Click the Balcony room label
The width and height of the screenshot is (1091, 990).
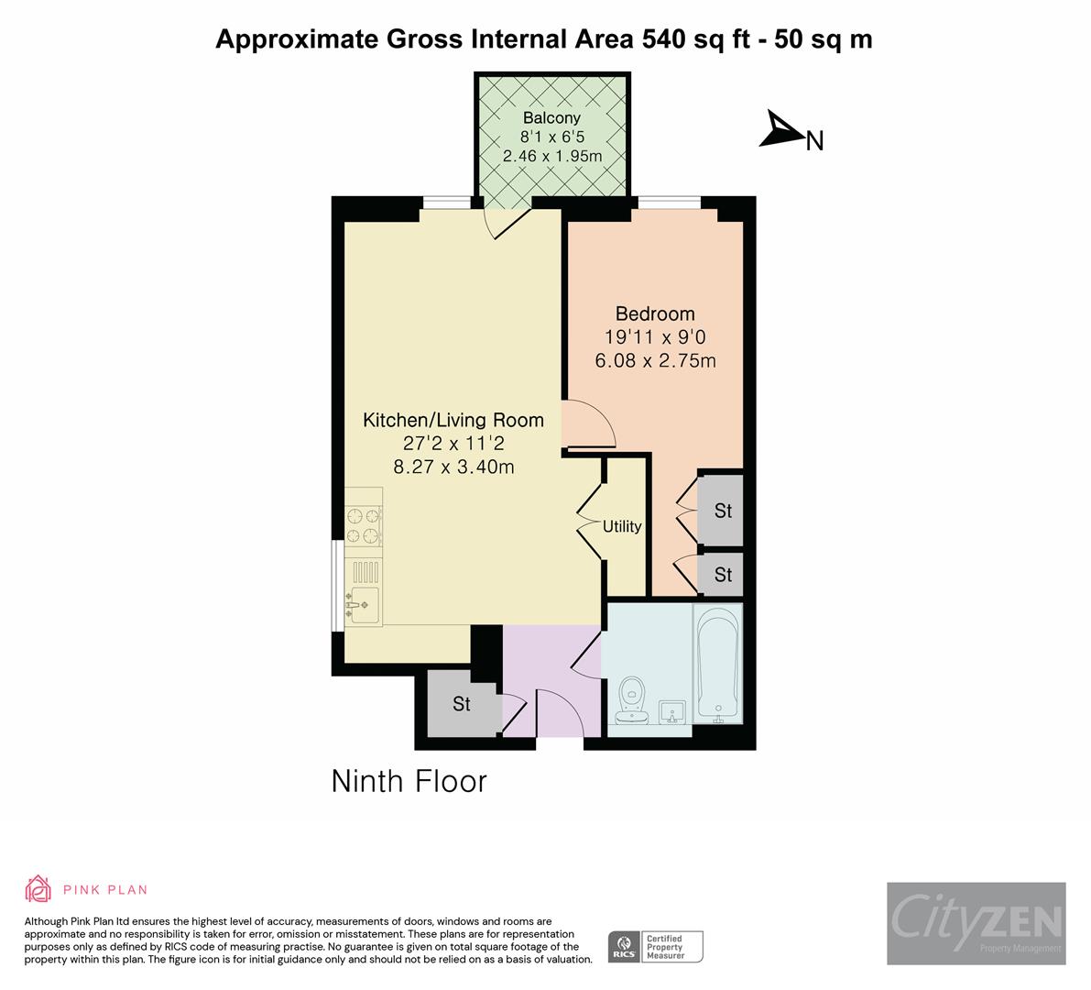click(x=551, y=118)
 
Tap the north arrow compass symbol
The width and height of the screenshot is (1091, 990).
click(x=780, y=130)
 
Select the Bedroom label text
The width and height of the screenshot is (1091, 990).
click(x=654, y=313)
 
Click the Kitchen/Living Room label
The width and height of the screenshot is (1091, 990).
click(x=453, y=421)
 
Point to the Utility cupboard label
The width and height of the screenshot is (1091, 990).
click(x=622, y=527)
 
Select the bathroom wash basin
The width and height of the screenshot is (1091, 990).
click(x=673, y=711)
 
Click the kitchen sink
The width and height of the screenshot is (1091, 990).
click(x=363, y=605)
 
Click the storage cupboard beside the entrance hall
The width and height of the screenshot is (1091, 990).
click(x=461, y=704)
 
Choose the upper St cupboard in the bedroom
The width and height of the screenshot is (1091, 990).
click(x=723, y=511)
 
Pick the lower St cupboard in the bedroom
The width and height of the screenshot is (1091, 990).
click(x=723, y=575)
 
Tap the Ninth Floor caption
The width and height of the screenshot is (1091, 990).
click(x=409, y=782)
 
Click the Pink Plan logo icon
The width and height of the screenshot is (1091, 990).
click(x=38, y=888)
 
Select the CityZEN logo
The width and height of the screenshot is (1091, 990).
click(x=976, y=922)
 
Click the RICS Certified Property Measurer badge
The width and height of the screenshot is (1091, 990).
click(x=656, y=946)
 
